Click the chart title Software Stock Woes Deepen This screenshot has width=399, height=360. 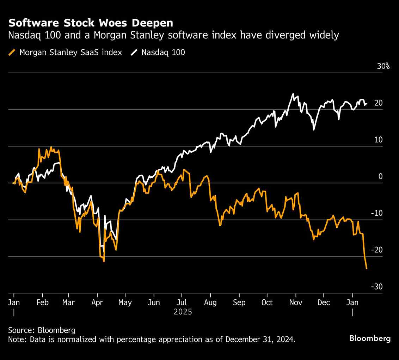[91, 23]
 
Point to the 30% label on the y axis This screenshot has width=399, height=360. [383, 66]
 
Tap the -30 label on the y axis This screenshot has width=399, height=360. [376, 287]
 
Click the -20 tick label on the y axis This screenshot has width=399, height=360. [376, 250]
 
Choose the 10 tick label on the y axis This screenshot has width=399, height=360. [379, 140]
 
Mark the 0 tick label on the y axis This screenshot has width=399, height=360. [380, 176]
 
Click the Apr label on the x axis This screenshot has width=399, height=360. [97, 303]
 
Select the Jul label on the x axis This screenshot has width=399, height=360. [182, 303]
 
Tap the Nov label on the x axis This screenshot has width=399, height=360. [296, 303]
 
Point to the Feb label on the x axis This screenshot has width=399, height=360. [42, 303]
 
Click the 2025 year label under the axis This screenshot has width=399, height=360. [183, 312]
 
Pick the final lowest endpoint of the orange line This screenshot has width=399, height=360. [367, 269]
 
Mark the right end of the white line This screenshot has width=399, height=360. [367, 104]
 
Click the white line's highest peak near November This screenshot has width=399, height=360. [293, 94]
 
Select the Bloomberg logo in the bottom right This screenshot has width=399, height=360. [370, 338]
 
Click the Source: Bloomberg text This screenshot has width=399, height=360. [42, 330]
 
